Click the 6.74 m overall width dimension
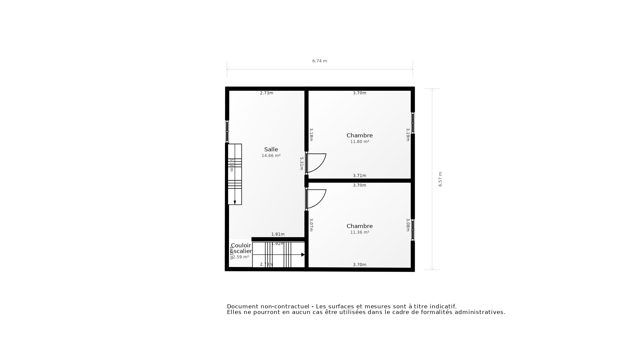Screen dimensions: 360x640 [x=319, y=61]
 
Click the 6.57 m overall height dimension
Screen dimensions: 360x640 [x=440, y=179]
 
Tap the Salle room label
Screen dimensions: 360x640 [x=271, y=149]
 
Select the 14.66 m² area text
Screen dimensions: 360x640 [x=271, y=156]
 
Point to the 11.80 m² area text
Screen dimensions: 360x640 [x=359, y=142]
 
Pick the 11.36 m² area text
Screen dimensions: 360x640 [x=359, y=232]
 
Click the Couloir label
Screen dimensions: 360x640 [x=241, y=245]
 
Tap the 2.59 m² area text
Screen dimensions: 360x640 [x=240, y=257]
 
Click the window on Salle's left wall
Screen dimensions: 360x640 [x=227, y=132]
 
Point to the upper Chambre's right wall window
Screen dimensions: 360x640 [x=413, y=123]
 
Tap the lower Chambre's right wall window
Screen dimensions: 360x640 [x=413, y=230]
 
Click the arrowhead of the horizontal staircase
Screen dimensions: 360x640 [x=303, y=255]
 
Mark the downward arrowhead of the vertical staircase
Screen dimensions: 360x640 [x=235, y=202]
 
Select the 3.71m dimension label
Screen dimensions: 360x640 [x=359, y=176]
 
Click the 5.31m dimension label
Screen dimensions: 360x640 [x=301, y=164]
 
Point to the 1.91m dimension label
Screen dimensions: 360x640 [x=278, y=234]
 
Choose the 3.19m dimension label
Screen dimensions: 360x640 [x=408, y=135]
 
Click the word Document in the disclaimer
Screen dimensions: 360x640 [x=242, y=306]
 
